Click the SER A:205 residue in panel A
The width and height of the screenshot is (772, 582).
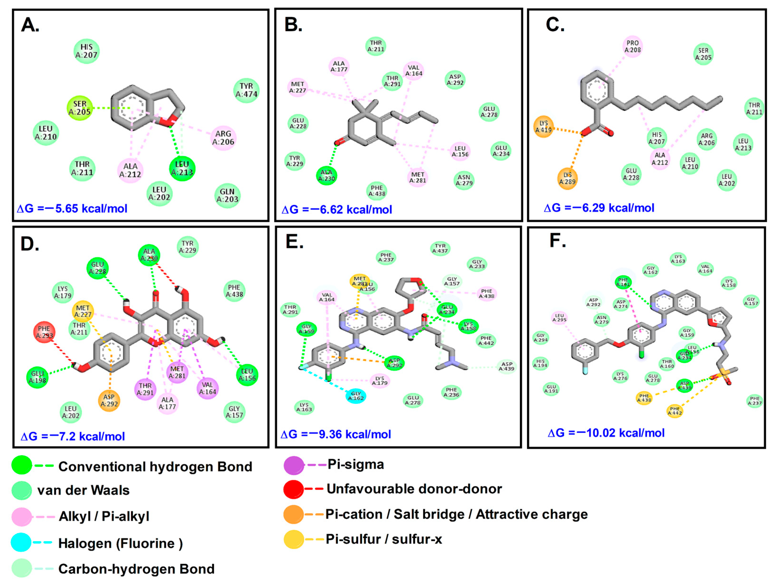80,108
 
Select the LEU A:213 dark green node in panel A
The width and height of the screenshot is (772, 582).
182,169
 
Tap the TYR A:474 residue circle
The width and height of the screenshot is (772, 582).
246,90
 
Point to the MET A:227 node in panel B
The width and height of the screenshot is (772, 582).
298,87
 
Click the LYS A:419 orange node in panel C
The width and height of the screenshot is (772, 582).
544,127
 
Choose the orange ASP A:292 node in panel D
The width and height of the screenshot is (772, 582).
109,401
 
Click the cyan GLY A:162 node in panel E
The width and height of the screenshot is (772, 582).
356,396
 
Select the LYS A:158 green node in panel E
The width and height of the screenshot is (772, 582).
468,326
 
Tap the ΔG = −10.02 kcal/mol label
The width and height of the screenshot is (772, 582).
606,433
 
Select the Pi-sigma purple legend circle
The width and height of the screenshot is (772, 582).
294,465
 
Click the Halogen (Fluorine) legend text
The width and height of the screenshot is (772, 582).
120,544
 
